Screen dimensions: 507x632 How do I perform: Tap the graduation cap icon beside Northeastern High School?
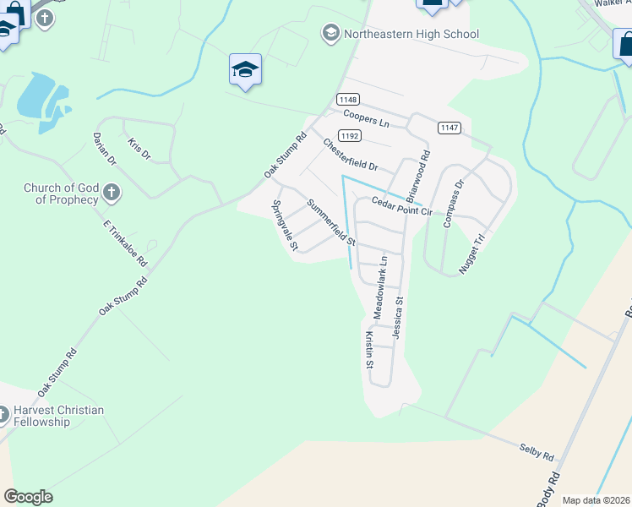click(330, 34)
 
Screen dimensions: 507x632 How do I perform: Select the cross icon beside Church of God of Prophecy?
click(111, 194)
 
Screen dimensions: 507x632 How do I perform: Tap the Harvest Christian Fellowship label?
click(58, 416)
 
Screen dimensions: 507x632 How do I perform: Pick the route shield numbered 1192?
click(350, 135)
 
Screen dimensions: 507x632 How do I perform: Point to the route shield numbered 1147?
click(449, 127)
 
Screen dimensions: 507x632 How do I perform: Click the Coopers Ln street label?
click(366, 118)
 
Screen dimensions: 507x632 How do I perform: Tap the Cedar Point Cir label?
click(402, 205)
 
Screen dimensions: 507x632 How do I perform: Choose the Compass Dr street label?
click(454, 204)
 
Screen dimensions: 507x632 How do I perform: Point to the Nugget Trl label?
click(476, 248)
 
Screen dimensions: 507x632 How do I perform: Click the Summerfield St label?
click(330, 221)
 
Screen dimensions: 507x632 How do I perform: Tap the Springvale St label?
click(285, 226)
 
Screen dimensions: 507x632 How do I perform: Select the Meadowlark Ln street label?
click(381, 286)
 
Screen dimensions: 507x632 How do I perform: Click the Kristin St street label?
click(369, 350)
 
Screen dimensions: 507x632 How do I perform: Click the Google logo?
click(28, 497)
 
